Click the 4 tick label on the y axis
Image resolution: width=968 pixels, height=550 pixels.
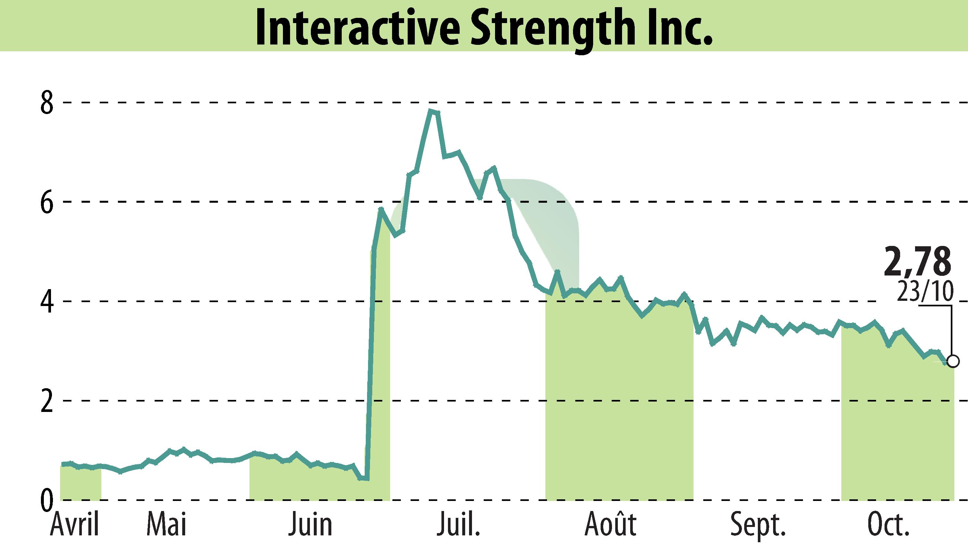47,301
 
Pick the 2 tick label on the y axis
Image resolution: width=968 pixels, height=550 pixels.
47,401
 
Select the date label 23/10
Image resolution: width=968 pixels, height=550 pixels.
925,291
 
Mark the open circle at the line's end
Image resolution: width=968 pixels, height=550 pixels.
953,362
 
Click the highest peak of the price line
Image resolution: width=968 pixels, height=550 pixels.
430,111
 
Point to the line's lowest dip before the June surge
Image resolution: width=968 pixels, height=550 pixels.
364,479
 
